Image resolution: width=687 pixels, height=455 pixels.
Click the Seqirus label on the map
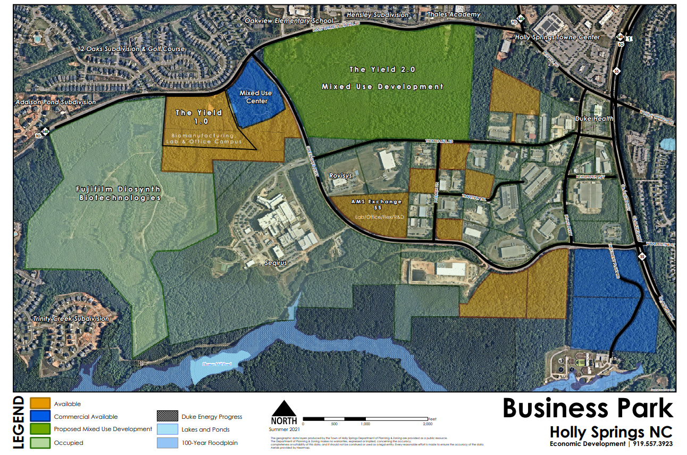point(276,263)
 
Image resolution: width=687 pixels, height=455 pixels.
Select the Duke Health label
point(594,119)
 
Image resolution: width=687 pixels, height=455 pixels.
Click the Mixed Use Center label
point(256,97)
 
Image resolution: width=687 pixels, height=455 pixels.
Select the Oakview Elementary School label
point(289,21)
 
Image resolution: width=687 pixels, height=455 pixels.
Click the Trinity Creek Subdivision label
point(71,319)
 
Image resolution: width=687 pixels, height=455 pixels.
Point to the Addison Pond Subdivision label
point(56,102)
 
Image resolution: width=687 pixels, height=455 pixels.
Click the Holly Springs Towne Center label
point(557,37)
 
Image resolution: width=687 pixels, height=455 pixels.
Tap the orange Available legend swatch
point(40,404)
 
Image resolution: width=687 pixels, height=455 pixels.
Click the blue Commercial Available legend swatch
point(40,416)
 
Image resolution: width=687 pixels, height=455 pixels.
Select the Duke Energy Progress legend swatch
point(167,416)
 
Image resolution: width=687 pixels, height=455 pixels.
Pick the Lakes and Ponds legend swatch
point(167,429)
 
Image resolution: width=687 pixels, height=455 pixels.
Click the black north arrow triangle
point(284,409)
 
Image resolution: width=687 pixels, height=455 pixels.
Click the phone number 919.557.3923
point(652,444)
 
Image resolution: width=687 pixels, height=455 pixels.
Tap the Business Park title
point(588,409)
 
